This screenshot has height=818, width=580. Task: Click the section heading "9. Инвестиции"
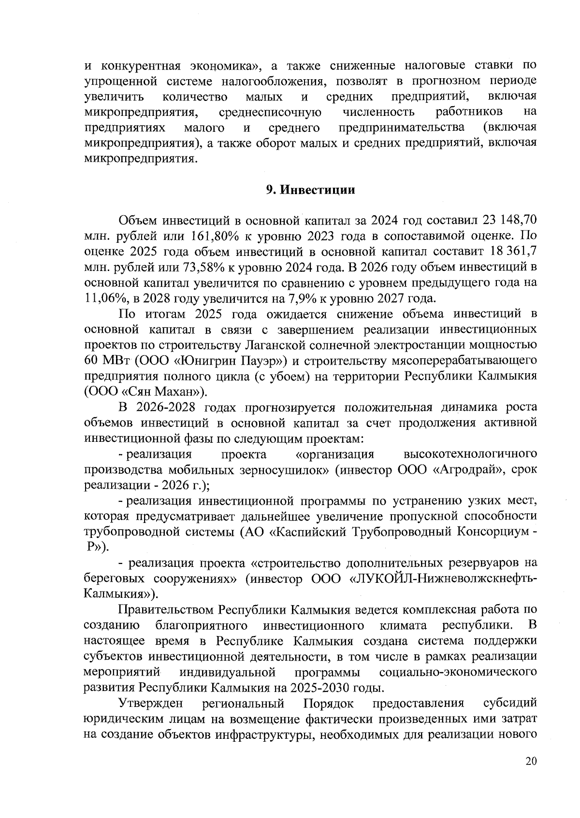(x=311, y=190)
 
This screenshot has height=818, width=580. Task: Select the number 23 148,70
(x=507, y=220)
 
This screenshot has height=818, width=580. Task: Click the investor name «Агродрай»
(x=464, y=470)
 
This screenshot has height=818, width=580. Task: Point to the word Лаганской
(x=275, y=345)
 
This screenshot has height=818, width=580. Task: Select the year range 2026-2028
(x=166, y=407)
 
